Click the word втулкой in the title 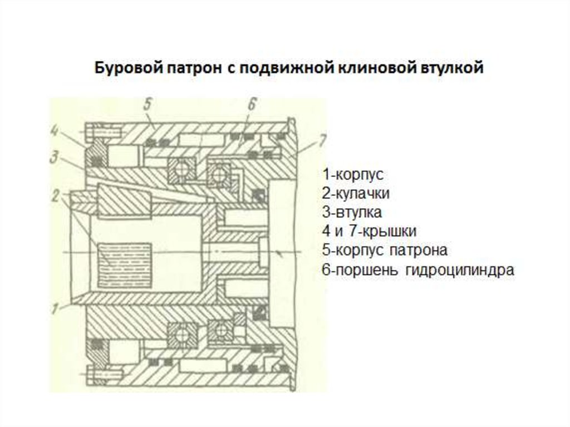point(453,68)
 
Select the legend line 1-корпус point(353,174)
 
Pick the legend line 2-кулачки point(355,194)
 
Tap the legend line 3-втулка point(351,213)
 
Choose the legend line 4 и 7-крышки point(368,232)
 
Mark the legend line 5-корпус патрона point(384,251)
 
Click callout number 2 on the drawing point(56,196)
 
